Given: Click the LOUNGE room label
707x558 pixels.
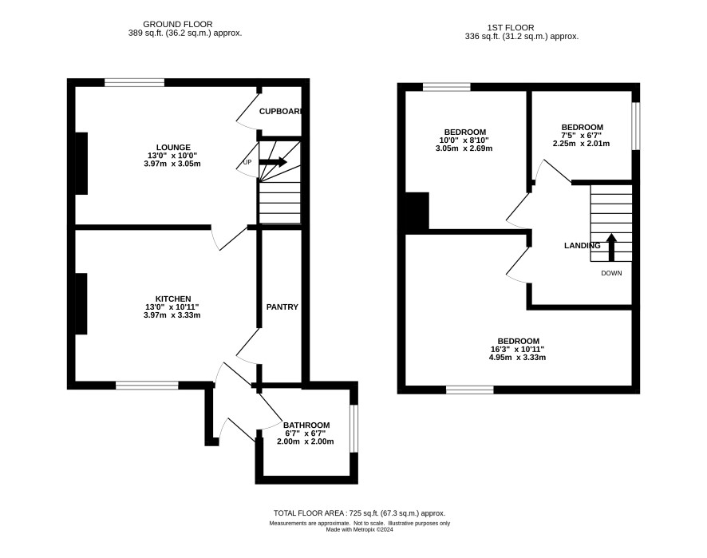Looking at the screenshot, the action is (x=173, y=148).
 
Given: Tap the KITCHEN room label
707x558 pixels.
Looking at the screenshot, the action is (x=173, y=299).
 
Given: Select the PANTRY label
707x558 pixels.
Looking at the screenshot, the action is (x=282, y=307).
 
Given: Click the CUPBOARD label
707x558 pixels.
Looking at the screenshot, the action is (x=280, y=112).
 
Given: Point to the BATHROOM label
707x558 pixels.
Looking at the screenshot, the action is (x=306, y=425).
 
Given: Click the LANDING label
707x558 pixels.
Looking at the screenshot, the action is (x=582, y=246).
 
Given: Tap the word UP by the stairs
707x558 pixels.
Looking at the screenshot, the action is (x=247, y=162).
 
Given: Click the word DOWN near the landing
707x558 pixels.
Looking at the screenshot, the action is (x=611, y=273).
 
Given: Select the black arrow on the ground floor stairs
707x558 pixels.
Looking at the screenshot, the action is (x=273, y=162).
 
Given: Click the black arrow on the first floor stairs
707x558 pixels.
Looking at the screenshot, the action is (x=611, y=247).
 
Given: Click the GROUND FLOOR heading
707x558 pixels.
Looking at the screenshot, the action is (x=178, y=25).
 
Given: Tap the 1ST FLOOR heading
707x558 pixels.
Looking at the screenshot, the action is (x=511, y=28).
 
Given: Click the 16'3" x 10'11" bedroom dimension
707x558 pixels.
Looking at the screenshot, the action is (x=517, y=350).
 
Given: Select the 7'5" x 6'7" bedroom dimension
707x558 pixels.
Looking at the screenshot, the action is (x=581, y=136).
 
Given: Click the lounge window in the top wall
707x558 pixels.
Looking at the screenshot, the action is (x=134, y=82).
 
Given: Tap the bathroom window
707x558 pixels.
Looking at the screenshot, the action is (x=354, y=429).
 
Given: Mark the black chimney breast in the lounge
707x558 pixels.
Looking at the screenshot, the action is (x=81, y=164).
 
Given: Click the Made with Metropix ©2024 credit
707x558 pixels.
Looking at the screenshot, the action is (x=359, y=530).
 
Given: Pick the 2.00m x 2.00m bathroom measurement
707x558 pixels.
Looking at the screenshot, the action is (x=306, y=441).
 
